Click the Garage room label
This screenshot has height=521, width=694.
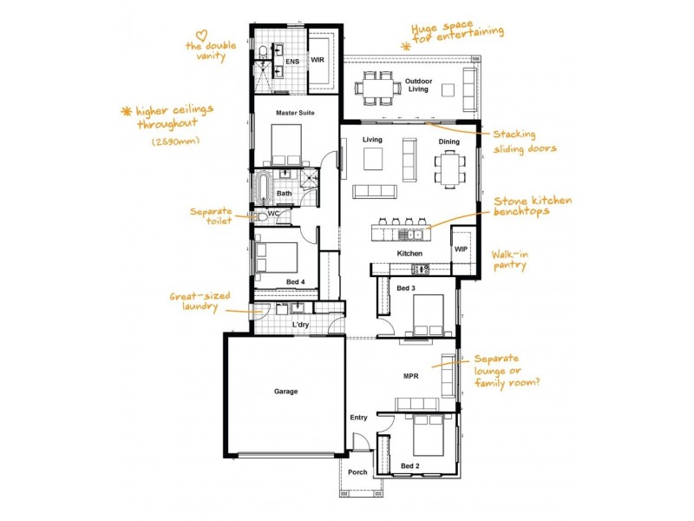(x=285, y=392)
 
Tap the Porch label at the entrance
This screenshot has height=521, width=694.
(x=357, y=472)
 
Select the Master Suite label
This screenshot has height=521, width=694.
(x=295, y=113)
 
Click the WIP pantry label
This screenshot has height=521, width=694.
(x=461, y=249)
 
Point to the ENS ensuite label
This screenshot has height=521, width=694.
(x=292, y=62)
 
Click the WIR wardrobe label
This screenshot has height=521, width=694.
(x=318, y=61)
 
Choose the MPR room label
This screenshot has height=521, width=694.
(x=411, y=377)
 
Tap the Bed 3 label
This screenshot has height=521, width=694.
(x=406, y=287)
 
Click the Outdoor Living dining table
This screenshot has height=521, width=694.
(x=376, y=87)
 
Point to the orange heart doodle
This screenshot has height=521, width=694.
(x=201, y=36)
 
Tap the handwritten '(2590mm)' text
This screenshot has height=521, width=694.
(x=176, y=141)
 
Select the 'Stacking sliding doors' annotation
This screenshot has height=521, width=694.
(x=525, y=142)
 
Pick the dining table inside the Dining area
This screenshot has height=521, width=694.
(x=448, y=166)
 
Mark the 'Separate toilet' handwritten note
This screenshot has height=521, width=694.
(x=213, y=215)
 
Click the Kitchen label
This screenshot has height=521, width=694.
(x=409, y=254)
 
